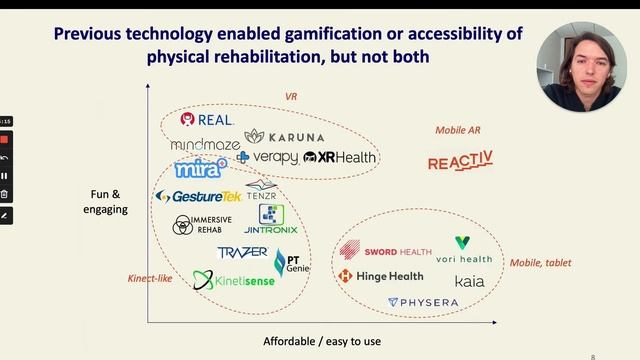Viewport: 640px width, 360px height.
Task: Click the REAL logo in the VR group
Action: click(x=206, y=120)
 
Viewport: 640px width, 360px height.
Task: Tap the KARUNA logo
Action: click(x=284, y=136)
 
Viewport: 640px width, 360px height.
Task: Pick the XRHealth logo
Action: click(x=340, y=157)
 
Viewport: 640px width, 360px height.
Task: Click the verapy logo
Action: click(x=267, y=157)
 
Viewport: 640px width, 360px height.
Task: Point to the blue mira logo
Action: click(x=200, y=169)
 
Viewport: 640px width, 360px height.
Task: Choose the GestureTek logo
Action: click(x=199, y=196)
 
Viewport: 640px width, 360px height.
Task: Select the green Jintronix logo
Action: click(x=270, y=220)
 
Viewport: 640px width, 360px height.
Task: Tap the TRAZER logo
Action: click(x=242, y=252)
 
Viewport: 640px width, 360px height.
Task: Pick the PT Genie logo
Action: click(x=291, y=263)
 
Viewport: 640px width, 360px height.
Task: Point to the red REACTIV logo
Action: click(x=460, y=162)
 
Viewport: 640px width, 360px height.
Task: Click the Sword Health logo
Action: click(x=386, y=252)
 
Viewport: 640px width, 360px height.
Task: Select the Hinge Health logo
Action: click(x=384, y=276)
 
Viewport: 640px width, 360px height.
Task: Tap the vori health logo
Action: click(x=464, y=251)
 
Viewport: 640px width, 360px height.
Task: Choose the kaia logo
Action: click(x=469, y=281)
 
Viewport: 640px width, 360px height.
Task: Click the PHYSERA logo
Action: click(x=423, y=302)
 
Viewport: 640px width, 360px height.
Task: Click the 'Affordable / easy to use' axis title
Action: click(x=322, y=342)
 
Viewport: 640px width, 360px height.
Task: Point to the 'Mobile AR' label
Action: click(x=459, y=130)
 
